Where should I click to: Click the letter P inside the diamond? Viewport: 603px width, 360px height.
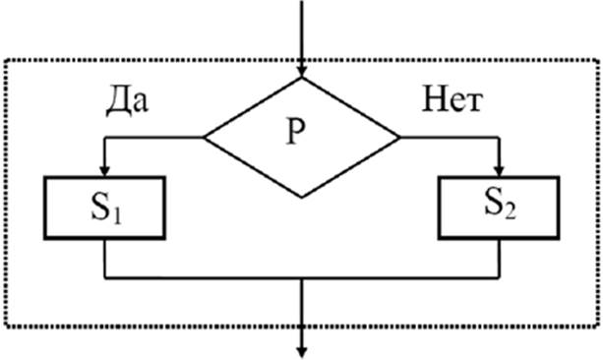pos(296,131)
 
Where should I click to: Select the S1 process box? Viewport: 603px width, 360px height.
pos(104,209)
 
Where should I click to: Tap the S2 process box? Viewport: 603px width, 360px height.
pos(499,209)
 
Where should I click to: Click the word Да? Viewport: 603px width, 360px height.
pos(127,101)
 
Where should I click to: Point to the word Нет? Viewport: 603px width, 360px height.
pos(452,100)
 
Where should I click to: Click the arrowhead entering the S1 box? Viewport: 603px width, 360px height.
pos(104,171)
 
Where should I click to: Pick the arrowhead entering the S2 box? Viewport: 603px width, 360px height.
pos(499,171)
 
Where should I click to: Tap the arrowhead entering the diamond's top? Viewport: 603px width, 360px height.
pos(302,73)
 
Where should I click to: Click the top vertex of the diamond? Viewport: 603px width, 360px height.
pos(302,78)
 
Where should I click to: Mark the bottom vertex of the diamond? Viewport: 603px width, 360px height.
pos(302,197)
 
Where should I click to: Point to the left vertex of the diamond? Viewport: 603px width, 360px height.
pos(205,137)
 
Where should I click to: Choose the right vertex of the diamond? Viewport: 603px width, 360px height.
pos(399,137)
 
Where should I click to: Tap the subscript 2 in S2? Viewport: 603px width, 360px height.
pos(511,211)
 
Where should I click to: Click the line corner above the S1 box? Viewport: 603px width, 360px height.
pos(104,137)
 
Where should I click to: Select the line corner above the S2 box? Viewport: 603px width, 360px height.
pos(499,137)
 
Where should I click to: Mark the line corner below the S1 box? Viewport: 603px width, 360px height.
pos(104,277)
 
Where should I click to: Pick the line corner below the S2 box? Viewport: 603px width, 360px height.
pos(499,277)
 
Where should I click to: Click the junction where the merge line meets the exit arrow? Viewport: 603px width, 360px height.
pos(302,277)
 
